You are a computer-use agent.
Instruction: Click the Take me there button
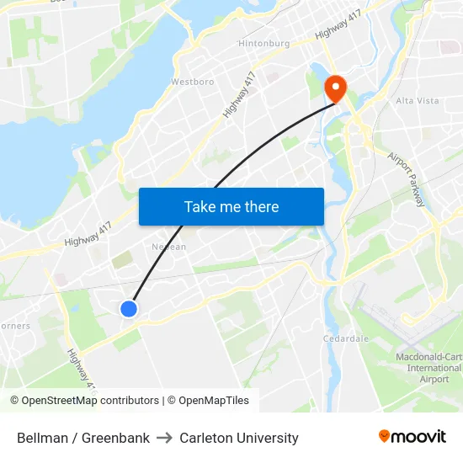pyautogui.click(x=231, y=206)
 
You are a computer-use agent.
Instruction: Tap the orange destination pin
pyautogui.click(x=336, y=88)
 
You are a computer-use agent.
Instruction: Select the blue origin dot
pyautogui.click(x=129, y=309)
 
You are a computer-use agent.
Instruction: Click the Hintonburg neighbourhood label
pyautogui.click(x=263, y=43)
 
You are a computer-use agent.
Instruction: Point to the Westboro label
pyautogui.click(x=192, y=82)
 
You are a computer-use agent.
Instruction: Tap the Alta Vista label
pyautogui.click(x=418, y=100)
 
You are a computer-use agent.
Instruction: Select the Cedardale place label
pyautogui.click(x=346, y=338)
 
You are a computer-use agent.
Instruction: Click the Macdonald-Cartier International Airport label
pyautogui.click(x=428, y=368)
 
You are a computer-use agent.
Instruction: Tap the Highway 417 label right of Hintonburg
pyautogui.click(x=338, y=29)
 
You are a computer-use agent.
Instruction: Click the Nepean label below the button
pyautogui.click(x=168, y=247)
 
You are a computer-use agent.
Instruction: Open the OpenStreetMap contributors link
pyautogui.click(x=90, y=401)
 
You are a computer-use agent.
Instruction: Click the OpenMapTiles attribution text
pyautogui.click(x=211, y=401)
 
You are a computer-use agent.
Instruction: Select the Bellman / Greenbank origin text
pyautogui.click(x=83, y=438)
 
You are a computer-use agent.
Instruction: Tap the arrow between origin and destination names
pyautogui.click(x=165, y=438)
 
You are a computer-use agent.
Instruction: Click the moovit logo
pyautogui.click(x=412, y=437)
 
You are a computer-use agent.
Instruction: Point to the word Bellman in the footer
pyautogui.click(x=41, y=438)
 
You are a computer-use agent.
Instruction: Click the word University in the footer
pyautogui.click(x=268, y=438)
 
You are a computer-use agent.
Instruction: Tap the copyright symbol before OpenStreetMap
pyautogui.click(x=15, y=401)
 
